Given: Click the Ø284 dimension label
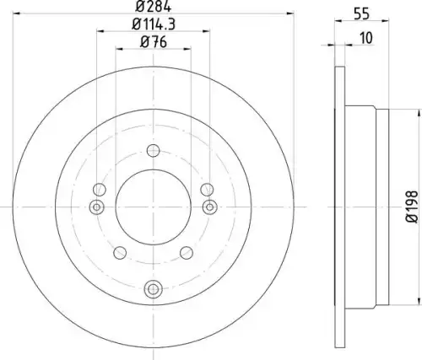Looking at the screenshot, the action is (154, 7).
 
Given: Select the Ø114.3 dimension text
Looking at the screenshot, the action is (154, 24).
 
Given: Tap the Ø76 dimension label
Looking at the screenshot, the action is (154, 42).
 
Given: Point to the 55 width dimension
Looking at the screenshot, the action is (361, 13).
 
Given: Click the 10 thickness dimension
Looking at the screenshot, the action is (366, 38).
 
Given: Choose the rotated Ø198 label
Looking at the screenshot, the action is (413, 207).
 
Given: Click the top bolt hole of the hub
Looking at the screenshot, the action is (154, 151).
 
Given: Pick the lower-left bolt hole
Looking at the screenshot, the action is (120, 253).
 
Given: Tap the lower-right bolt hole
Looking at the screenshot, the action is (187, 253).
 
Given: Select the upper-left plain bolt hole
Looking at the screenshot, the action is (100, 190).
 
